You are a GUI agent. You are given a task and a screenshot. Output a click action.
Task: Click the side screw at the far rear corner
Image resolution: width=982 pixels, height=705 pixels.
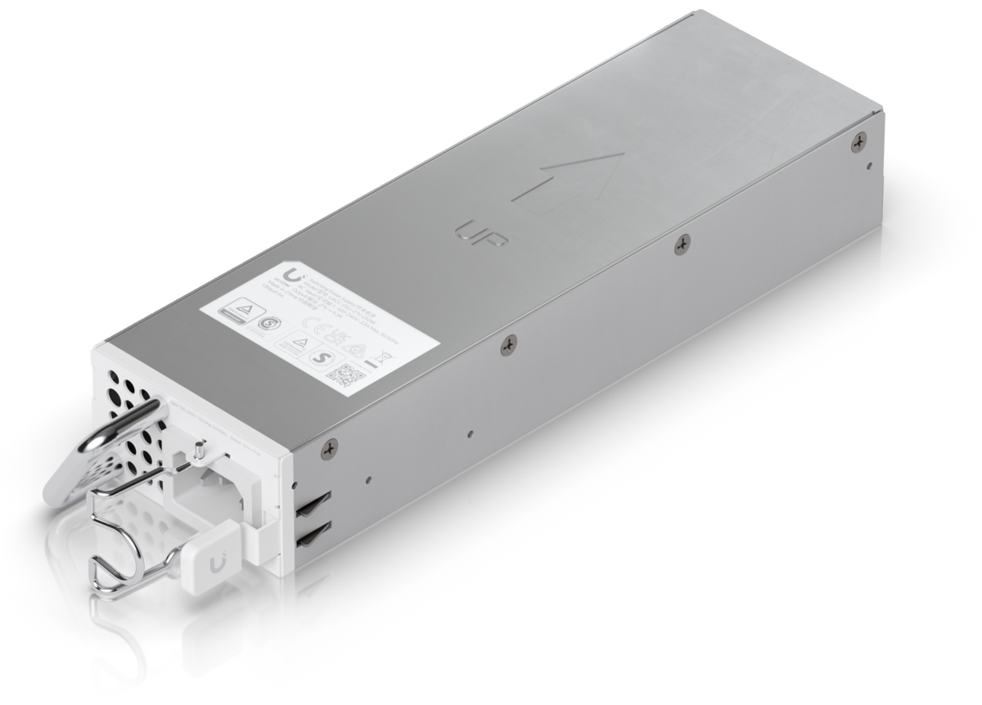(858, 141)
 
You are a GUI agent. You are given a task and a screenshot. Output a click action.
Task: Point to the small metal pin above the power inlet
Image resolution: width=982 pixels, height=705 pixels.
(200, 449)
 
